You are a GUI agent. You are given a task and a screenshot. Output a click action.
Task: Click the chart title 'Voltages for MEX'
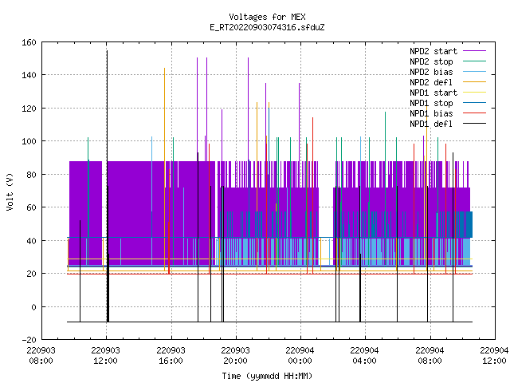(267, 17)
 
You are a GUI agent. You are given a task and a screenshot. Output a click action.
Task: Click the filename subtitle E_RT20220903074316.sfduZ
(267, 27)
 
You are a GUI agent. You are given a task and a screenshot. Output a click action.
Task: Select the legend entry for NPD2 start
(448, 51)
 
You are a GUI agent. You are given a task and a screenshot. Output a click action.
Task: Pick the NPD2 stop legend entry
(448, 61)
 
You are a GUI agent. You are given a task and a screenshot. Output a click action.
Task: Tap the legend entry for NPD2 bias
(448, 72)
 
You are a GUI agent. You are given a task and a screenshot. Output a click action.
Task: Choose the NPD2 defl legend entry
(448, 82)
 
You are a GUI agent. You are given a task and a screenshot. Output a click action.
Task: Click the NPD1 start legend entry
(448, 93)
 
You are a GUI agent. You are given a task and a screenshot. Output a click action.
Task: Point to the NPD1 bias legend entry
(448, 113)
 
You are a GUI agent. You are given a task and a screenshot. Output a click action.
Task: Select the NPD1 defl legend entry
(448, 124)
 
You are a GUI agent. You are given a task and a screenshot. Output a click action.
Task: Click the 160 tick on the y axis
(29, 42)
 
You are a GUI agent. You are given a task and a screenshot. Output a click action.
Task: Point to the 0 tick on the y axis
(33, 307)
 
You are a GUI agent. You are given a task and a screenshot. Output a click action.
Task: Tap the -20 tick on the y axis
(29, 340)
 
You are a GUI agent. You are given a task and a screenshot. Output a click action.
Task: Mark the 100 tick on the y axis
(29, 141)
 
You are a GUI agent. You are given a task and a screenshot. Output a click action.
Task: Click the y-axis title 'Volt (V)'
(10, 191)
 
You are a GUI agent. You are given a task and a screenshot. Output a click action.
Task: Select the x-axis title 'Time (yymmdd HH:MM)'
(267, 376)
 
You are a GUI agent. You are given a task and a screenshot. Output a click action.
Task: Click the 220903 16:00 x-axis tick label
(171, 356)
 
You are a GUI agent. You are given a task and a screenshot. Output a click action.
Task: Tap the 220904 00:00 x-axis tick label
(300, 356)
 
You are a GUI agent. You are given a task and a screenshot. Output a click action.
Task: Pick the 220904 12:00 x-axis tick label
(494, 356)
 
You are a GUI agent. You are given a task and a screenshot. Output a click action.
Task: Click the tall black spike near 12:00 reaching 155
(107, 186)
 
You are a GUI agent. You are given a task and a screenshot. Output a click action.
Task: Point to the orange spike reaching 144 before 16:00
(165, 169)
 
